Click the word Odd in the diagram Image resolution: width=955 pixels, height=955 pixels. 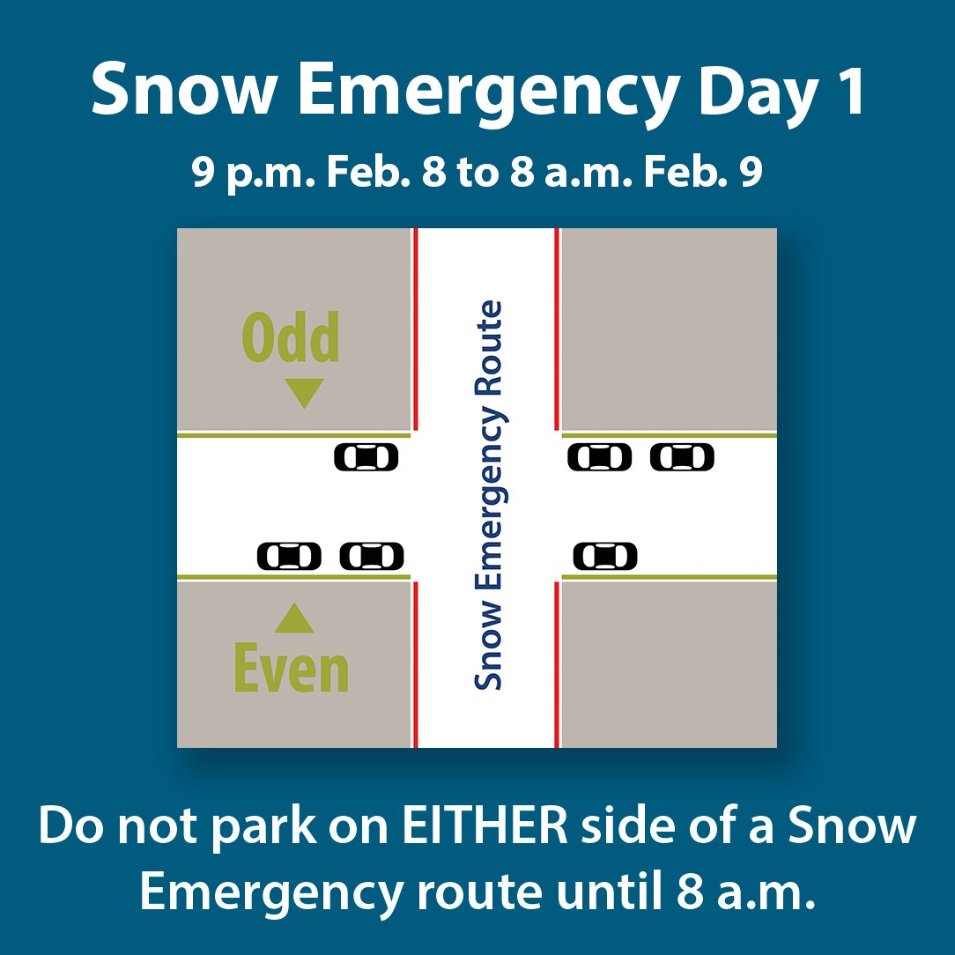click(291, 339)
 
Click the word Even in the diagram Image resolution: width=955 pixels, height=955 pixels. click(292, 670)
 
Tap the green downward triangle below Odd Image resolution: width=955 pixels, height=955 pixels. click(304, 393)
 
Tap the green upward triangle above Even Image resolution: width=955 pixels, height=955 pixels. click(293, 619)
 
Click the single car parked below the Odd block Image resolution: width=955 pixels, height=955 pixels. click(366, 457)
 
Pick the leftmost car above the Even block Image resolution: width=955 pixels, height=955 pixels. click(289, 557)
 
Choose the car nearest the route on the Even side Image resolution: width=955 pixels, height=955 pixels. click(372, 557)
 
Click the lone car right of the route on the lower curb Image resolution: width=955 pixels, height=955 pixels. click(605, 557)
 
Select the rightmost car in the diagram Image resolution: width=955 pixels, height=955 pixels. click(682, 457)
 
